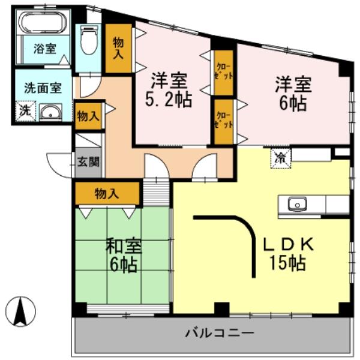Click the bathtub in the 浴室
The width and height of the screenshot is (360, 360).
(44, 24)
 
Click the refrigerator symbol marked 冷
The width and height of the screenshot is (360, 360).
(280, 158)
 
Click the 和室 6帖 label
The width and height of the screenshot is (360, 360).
(124, 254)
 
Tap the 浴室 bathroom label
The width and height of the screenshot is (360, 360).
(43, 49)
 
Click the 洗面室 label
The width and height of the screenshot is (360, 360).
(42, 87)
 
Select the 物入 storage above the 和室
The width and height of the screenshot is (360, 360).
(107, 193)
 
